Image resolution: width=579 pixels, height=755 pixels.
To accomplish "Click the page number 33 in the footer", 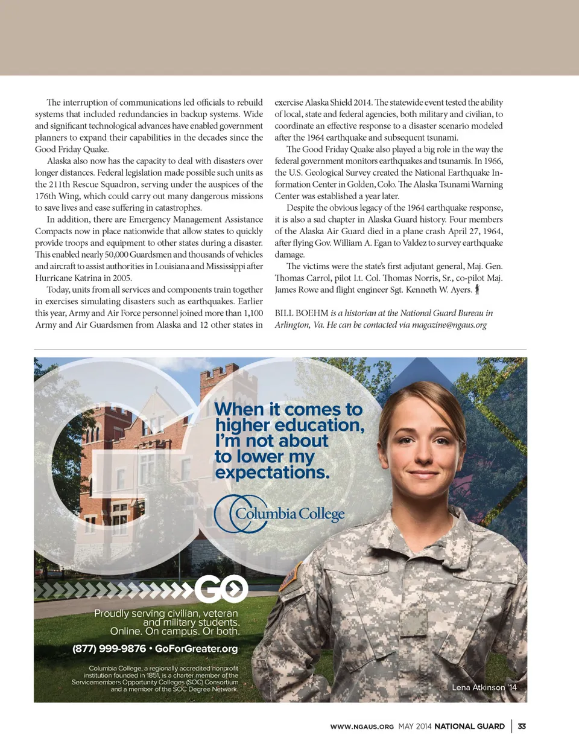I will (522, 727).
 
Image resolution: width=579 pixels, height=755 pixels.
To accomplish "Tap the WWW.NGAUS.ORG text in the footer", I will (362, 727).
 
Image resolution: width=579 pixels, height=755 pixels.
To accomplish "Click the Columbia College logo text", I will (289, 514).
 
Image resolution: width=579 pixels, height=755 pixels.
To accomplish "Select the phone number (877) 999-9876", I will (109, 649).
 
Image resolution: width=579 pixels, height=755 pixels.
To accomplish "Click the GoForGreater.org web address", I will (196, 649).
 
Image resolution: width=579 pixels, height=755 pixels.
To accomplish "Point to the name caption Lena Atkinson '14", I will (484, 687).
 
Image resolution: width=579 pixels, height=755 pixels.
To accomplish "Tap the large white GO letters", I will (221, 588).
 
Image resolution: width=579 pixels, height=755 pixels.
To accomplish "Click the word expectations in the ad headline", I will (272, 473).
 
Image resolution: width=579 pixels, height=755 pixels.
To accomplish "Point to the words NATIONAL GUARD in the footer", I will (469, 727).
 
